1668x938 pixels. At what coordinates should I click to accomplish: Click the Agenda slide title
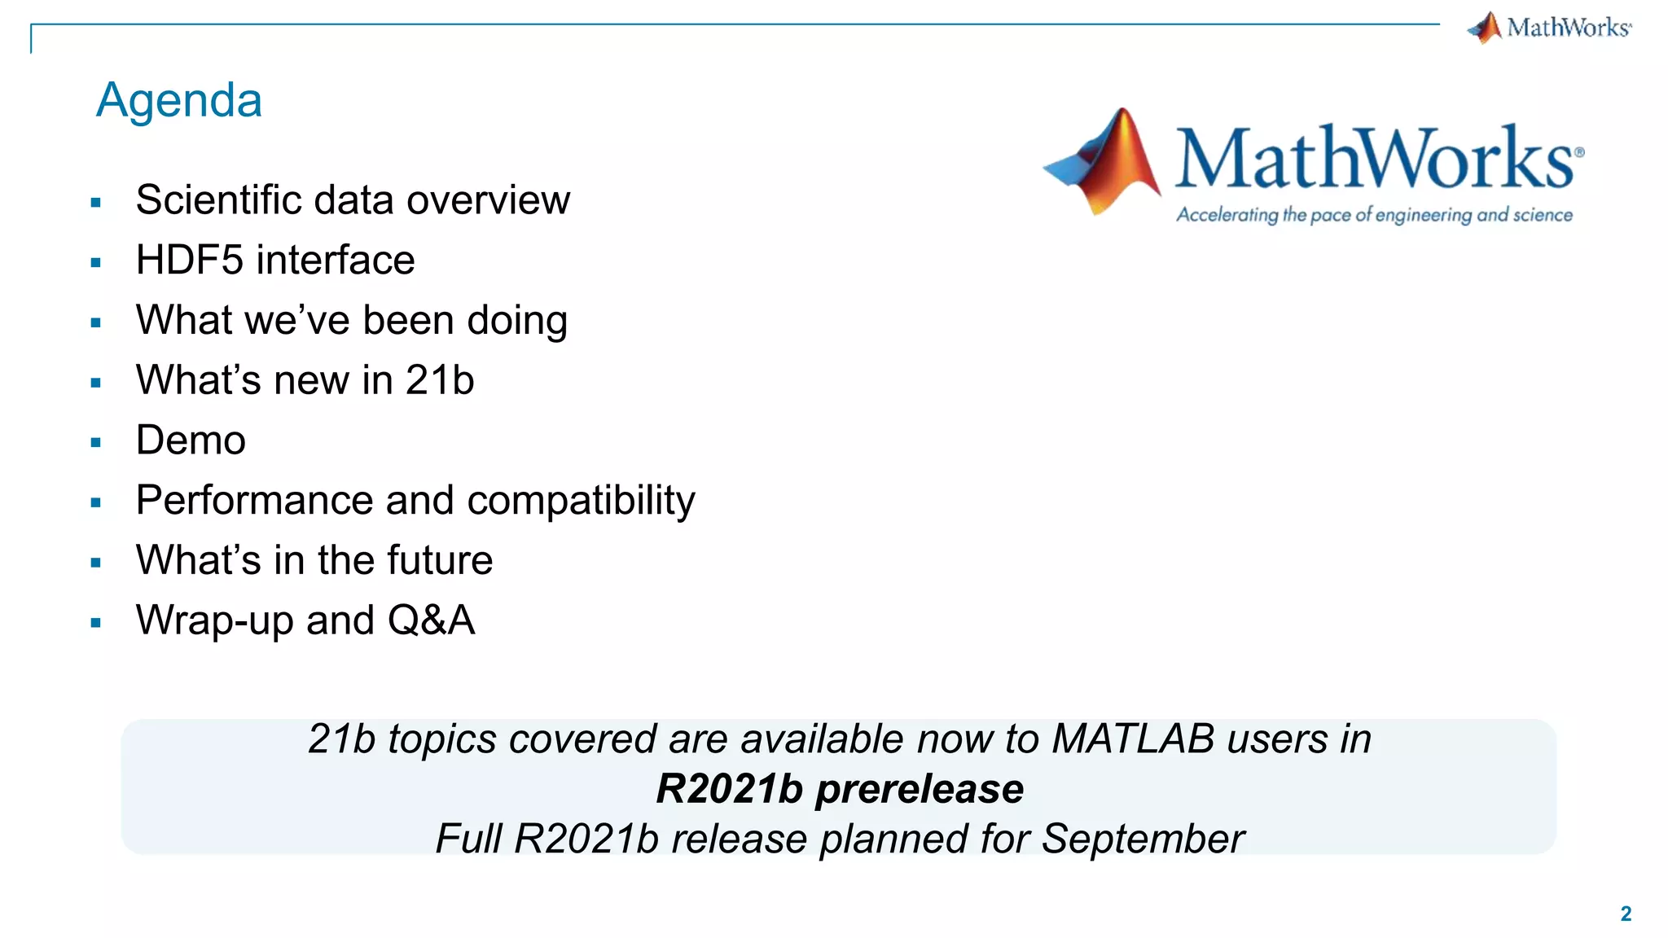coord(179,100)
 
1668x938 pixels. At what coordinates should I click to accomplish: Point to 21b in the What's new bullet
coord(440,380)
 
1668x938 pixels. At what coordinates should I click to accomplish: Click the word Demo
coord(191,441)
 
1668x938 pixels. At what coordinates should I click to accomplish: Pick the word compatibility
coord(581,501)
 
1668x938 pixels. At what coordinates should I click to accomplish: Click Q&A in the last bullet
coord(431,620)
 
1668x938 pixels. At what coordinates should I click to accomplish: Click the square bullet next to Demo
coord(96,443)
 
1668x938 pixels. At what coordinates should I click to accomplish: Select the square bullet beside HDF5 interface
coord(96,263)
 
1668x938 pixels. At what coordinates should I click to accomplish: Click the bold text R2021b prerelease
coord(839,789)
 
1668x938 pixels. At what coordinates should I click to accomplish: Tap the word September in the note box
coord(1143,839)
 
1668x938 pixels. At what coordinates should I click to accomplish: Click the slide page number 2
coord(1626,914)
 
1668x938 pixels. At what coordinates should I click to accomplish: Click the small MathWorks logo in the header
coord(1549,28)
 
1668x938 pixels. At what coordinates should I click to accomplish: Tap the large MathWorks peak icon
coord(1106,163)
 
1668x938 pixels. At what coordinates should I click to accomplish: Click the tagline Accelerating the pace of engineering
coord(1374,215)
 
